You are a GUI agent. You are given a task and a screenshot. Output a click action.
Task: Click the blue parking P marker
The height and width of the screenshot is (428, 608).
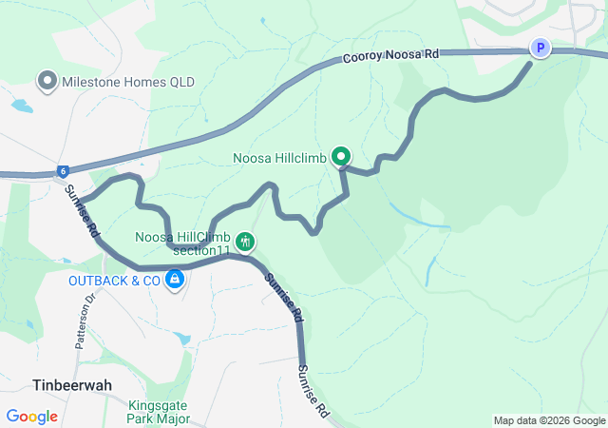click(x=540, y=48)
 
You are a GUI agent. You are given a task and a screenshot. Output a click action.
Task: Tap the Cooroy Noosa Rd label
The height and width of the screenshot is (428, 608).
click(x=392, y=57)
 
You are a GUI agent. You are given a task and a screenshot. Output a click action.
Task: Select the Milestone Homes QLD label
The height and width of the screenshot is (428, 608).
click(x=128, y=83)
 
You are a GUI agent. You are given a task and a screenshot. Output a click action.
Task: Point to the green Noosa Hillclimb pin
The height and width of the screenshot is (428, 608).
click(x=340, y=157)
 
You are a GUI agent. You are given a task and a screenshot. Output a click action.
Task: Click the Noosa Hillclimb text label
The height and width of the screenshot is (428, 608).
click(x=280, y=157)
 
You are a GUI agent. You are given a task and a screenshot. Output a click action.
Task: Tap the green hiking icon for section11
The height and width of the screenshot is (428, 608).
click(x=245, y=242)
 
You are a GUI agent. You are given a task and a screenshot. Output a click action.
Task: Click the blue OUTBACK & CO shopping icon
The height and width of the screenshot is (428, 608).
click(x=175, y=280)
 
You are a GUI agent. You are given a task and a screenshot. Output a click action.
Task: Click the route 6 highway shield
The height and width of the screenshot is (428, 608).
click(x=63, y=171)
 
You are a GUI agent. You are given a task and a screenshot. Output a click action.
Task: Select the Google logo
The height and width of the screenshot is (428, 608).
click(x=31, y=416)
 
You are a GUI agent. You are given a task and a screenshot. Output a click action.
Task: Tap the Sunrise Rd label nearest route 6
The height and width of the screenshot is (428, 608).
click(x=82, y=211)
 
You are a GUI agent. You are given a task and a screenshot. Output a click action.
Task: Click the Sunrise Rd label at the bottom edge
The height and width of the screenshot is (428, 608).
click(x=313, y=392)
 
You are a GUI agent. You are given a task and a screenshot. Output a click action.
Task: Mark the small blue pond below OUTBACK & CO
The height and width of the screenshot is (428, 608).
click(x=182, y=339)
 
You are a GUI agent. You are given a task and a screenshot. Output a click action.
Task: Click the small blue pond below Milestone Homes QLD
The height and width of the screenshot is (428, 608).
click(x=19, y=105)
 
